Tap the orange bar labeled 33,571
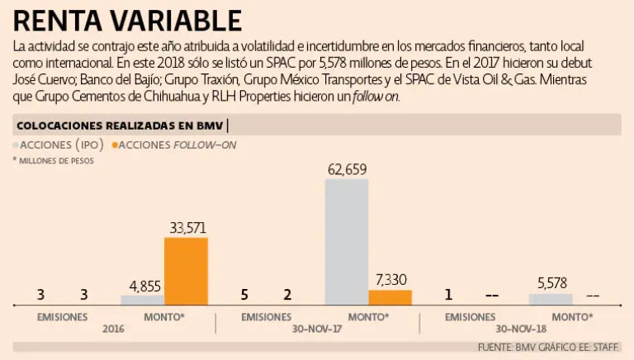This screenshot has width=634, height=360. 186,271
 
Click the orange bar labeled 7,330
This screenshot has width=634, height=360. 390,297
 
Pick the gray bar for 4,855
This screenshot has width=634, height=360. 143,300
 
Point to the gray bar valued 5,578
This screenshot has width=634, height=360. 551,299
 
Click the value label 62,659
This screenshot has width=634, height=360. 347,170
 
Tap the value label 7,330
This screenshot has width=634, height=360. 390,280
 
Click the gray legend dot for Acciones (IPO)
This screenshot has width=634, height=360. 17,144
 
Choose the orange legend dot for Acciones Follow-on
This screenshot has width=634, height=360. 116,144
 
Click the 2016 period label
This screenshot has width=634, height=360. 113,328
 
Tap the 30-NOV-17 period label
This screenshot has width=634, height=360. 318,328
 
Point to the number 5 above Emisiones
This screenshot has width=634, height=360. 244,295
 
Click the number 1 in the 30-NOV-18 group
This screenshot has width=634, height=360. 448,295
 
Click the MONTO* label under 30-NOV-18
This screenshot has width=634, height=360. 571,316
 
